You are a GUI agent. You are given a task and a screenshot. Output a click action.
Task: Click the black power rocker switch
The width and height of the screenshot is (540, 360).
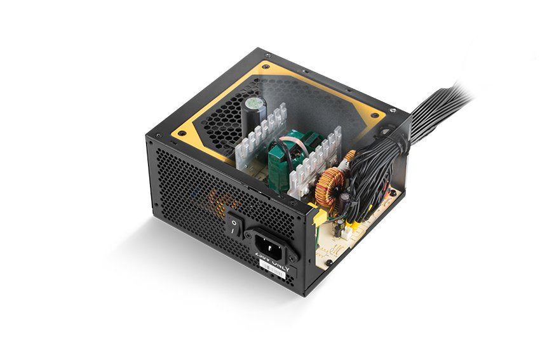[x=235, y=226]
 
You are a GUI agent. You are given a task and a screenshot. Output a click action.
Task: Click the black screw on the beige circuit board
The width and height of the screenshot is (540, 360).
[x=329, y=262]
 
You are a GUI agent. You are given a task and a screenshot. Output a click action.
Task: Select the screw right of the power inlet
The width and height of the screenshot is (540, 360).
[x=293, y=257]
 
